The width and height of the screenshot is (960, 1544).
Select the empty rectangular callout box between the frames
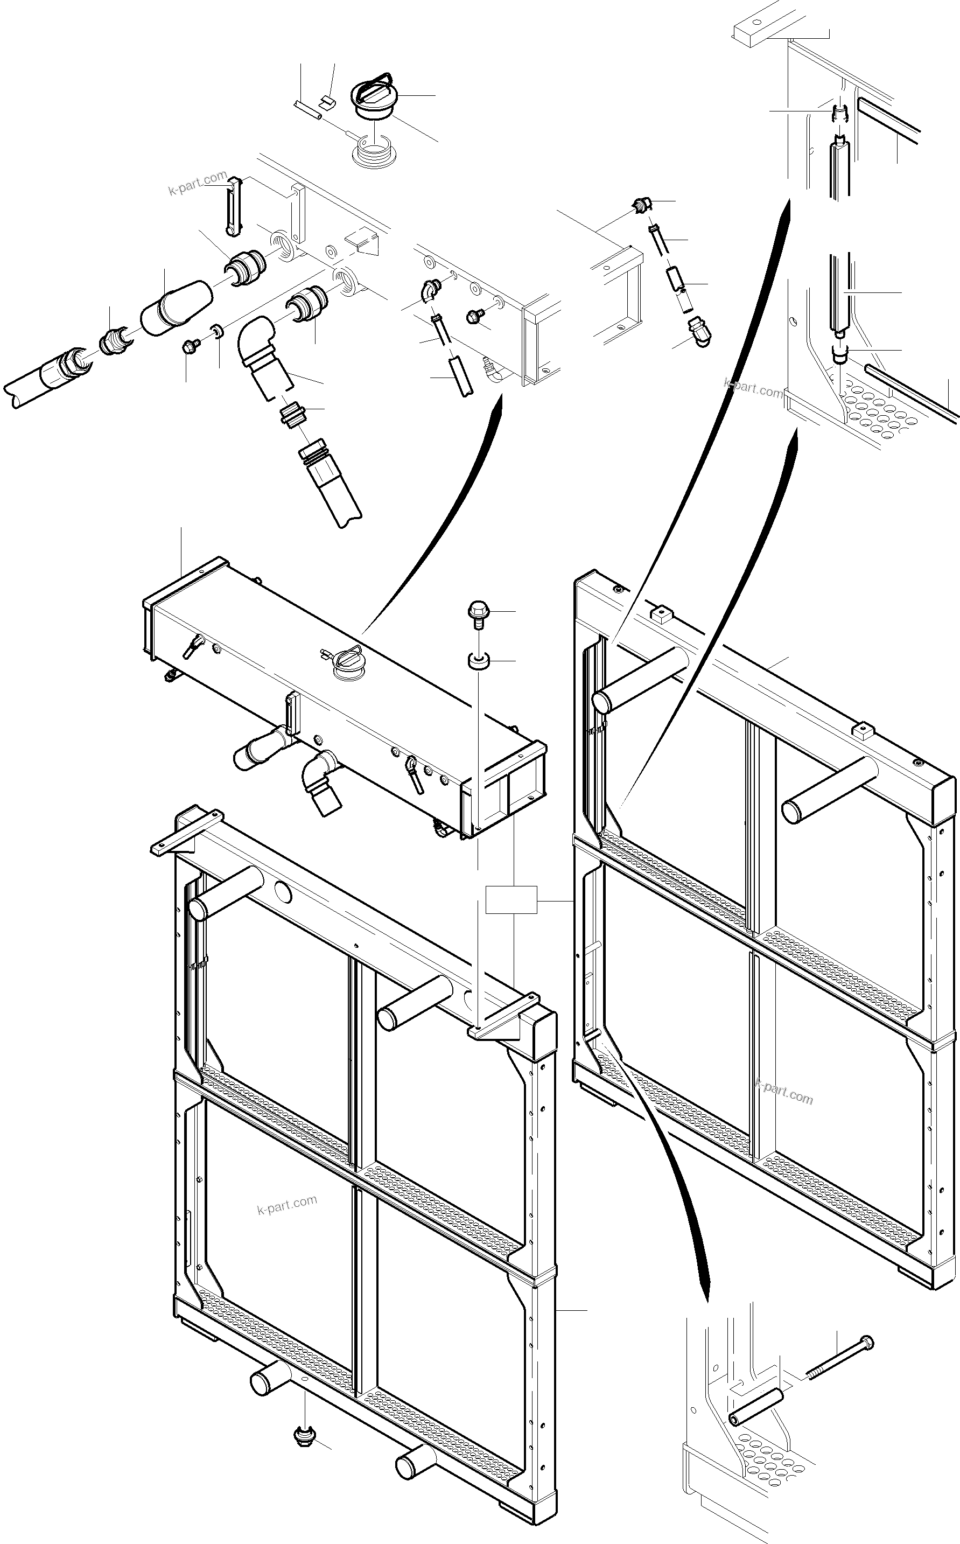(511, 899)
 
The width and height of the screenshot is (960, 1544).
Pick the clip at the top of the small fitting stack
(642, 206)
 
